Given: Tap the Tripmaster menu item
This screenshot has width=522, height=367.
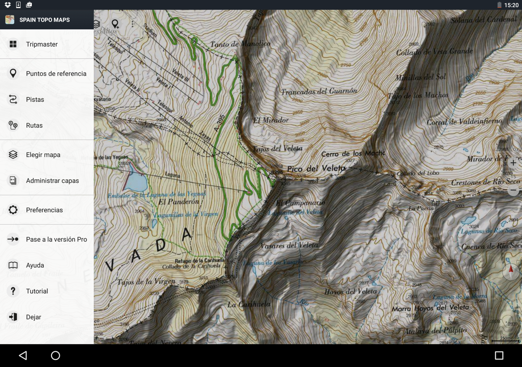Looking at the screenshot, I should [x=42, y=44].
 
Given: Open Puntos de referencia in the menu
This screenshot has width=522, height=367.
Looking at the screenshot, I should [x=56, y=74].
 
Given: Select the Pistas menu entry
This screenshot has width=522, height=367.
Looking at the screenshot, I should [x=35, y=100].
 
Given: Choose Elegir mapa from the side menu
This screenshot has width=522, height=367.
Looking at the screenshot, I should [x=43, y=155].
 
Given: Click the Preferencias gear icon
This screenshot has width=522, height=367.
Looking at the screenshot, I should [x=13, y=210].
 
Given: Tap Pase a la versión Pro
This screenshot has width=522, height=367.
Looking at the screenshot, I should [x=56, y=239].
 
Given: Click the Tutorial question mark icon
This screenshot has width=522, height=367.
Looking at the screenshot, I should [x=13, y=291].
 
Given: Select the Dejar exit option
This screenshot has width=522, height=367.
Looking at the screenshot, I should [x=33, y=317].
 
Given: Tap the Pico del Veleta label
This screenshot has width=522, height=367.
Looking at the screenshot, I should [x=316, y=168].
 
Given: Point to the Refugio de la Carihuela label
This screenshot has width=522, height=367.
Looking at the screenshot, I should [x=199, y=260].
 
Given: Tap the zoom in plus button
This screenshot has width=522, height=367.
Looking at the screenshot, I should [x=513, y=163].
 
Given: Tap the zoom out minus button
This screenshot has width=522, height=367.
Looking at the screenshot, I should [x=513, y=190].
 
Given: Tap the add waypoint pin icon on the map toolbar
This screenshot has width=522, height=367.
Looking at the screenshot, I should [x=115, y=24].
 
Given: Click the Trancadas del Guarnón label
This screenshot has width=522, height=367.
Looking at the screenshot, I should [x=319, y=91].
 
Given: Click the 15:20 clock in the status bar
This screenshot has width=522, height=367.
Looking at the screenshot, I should [x=511, y=5].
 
